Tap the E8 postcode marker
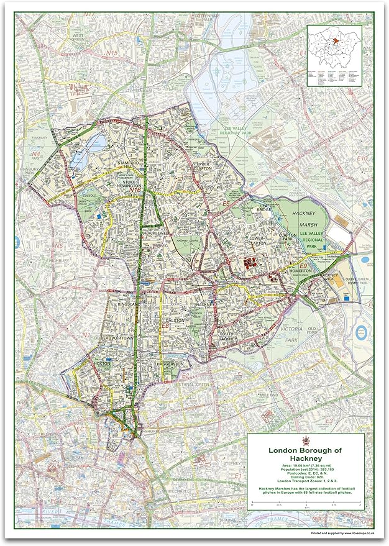point(166,325)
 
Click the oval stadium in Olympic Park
point(362,331)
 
